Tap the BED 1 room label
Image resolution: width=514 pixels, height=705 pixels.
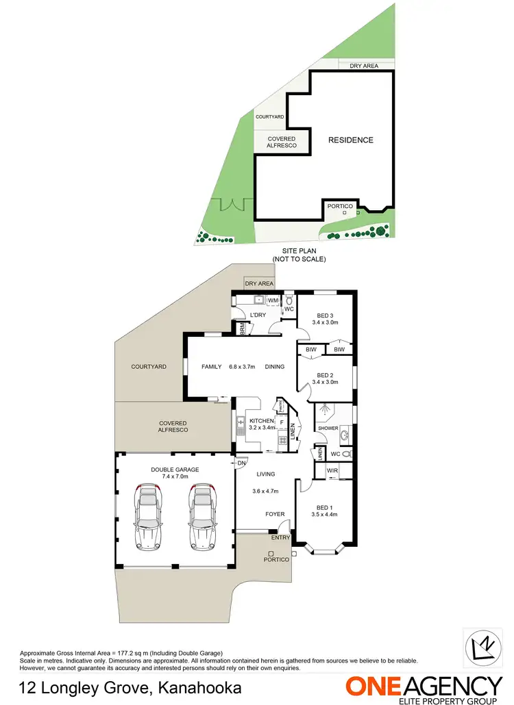[325, 507]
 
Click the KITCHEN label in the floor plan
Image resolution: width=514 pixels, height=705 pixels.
[261, 420]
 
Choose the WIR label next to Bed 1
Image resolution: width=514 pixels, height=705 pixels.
[333, 470]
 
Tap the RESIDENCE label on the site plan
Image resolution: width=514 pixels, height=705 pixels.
[350, 140]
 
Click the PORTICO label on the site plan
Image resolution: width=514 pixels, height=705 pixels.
[341, 206]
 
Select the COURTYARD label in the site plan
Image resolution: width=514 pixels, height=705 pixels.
[269, 117]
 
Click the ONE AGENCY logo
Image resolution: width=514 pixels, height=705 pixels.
[424, 687]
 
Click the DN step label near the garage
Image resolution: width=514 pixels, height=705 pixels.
[241, 463]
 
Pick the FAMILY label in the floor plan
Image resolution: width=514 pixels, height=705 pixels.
[211, 367]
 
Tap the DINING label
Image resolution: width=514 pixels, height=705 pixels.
[275, 367]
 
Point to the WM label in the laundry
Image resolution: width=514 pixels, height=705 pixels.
[272, 300]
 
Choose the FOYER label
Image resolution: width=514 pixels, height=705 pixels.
[275, 514]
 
